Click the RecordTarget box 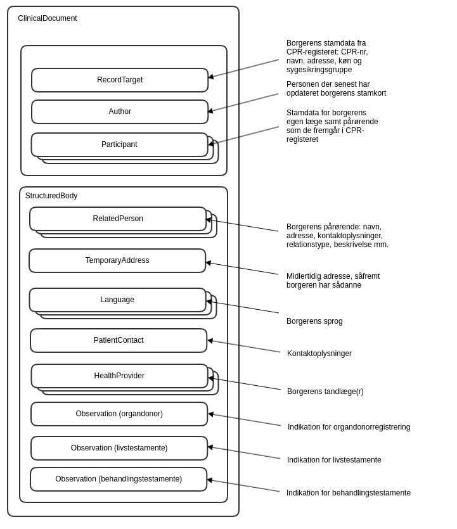[x=120, y=80]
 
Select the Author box [x=120, y=112]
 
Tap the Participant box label [x=119, y=144]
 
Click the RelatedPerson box [x=118, y=219]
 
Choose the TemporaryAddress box [x=117, y=260]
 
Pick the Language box [x=117, y=300]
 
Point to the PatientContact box [x=119, y=340]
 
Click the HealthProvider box [x=119, y=376]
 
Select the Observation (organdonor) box [x=119, y=414]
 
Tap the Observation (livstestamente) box [x=119, y=448]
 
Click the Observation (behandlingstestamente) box [x=119, y=479]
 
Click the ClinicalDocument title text [x=48, y=18]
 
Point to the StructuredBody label [x=51, y=196]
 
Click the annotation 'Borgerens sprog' [x=314, y=321]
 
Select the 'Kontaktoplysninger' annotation [x=319, y=354]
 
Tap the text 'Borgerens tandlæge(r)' [x=325, y=392]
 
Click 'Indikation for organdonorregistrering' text [x=349, y=427]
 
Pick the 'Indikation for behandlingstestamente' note [x=349, y=493]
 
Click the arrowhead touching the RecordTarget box [x=211, y=77]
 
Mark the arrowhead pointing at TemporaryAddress [x=208, y=262]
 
